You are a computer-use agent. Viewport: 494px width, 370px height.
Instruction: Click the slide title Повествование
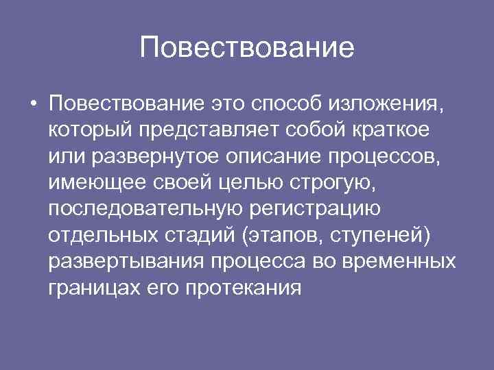tap(246, 49)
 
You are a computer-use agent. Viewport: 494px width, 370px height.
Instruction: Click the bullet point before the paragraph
tap(33, 105)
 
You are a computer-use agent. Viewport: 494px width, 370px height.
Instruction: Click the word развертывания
tap(126, 261)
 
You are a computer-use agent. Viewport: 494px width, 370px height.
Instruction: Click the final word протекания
tap(243, 287)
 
